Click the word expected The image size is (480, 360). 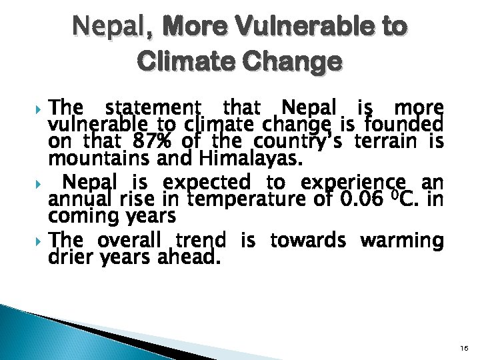207,181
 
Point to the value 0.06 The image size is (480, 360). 361,199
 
